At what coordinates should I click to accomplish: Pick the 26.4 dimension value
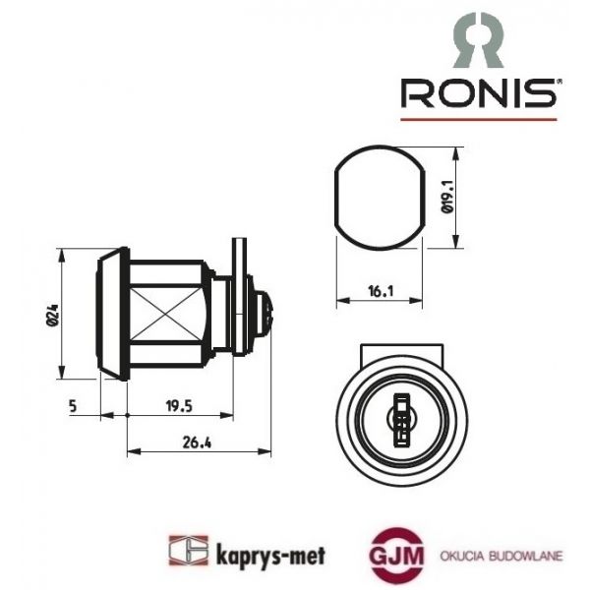coord(198,442)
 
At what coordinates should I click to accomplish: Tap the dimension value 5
coord(74,404)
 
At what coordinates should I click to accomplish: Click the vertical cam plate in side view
coord(237,295)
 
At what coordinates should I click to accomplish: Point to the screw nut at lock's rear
coord(262,313)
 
